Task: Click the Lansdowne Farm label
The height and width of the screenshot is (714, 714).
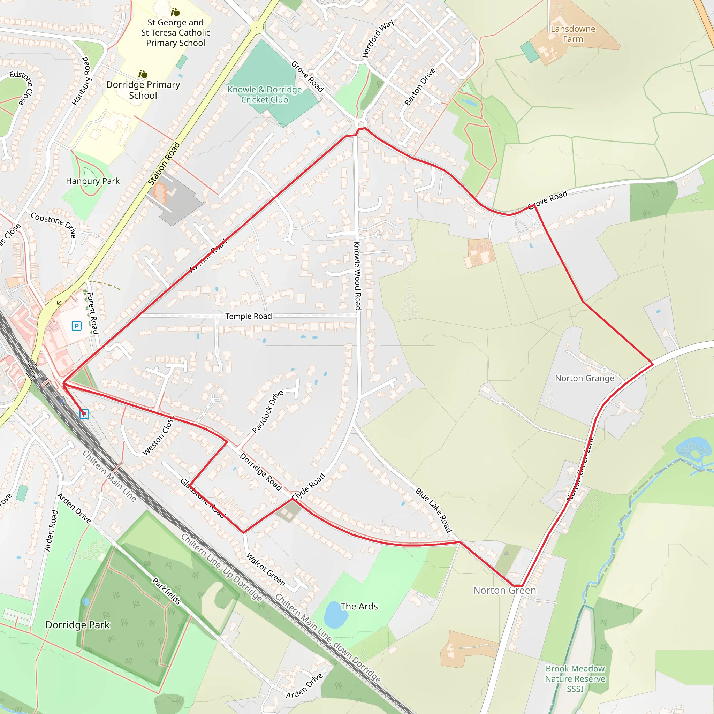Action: (573, 34)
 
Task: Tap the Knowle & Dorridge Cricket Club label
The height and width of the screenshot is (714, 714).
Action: (265, 94)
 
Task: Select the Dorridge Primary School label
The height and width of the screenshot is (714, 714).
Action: (143, 90)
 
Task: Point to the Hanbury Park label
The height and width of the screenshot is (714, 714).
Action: (92, 181)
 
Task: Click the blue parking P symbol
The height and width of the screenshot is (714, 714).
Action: (76, 326)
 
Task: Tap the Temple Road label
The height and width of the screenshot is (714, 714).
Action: (248, 316)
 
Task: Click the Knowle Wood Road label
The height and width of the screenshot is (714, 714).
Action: (357, 276)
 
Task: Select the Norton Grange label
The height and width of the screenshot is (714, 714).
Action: (584, 378)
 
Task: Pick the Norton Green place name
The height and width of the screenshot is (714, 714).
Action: (504, 591)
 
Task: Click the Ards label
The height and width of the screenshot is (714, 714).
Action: (359, 607)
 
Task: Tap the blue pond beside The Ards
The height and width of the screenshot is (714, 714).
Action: (336, 615)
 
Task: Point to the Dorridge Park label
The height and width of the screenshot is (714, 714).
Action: (78, 625)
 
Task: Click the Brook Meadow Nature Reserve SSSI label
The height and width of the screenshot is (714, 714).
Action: (575, 678)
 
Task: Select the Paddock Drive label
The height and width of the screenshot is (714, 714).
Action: (267, 411)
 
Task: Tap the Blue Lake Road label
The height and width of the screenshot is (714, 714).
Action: (433, 510)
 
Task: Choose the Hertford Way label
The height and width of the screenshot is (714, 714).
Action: (378, 39)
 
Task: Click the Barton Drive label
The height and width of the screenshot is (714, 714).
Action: (420, 87)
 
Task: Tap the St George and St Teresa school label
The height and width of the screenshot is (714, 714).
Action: (176, 33)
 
